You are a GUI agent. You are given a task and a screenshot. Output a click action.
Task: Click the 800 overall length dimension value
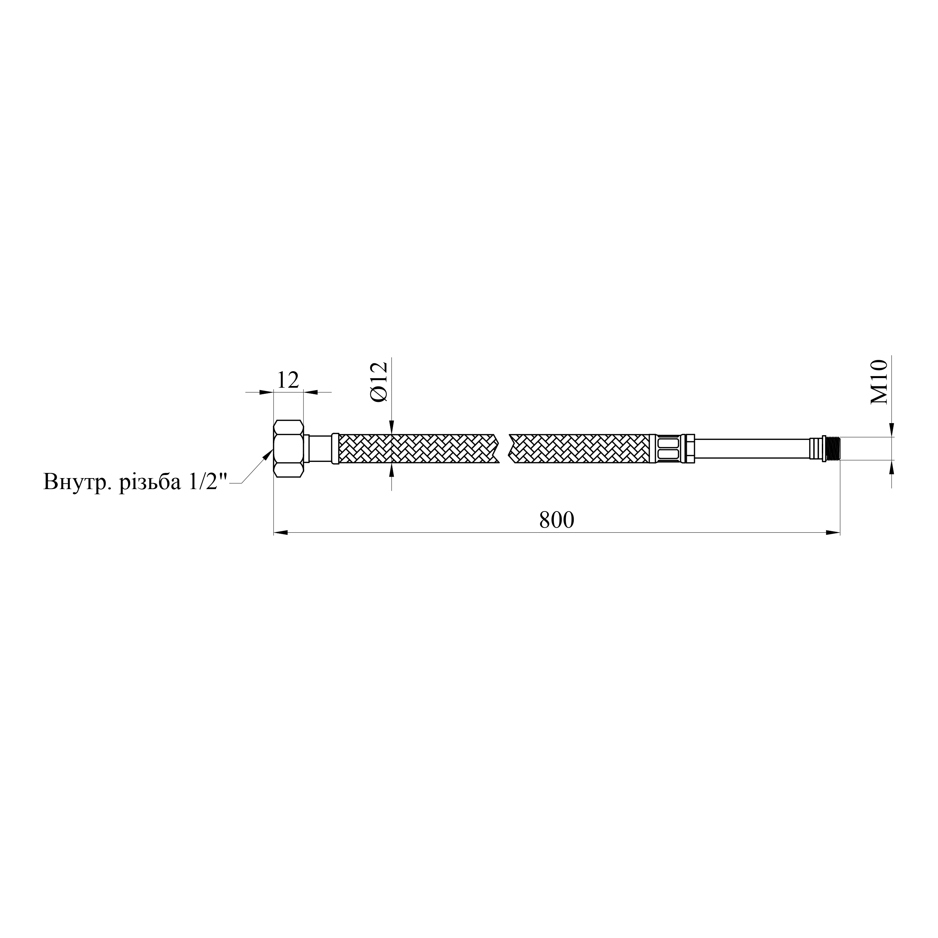click(x=556, y=520)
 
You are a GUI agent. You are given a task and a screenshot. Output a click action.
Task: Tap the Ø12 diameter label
click(x=380, y=382)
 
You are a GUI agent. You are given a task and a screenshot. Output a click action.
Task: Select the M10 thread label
click(x=879, y=382)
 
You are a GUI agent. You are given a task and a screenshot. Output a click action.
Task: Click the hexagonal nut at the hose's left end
click(x=288, y=449)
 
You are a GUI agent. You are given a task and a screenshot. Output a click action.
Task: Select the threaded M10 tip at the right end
click(x=833, y=448)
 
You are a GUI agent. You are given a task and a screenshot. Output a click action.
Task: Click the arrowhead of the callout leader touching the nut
click(x=268, y=454)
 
